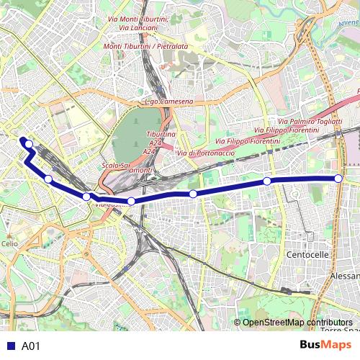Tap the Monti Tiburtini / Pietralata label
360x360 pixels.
pos(145,46)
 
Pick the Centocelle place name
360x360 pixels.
pos(307,255)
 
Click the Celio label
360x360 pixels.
pos(9,244)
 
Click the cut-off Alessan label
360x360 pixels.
pos(344,276)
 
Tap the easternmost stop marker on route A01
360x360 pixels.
pos(338,179)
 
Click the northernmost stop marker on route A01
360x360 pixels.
pos(29,144)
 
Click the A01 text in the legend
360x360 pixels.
pos(31,346)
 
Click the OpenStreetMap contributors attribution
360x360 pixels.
pos(297,323)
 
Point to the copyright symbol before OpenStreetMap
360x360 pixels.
pos(237,323)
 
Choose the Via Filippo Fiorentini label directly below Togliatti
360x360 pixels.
pos(292,130)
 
